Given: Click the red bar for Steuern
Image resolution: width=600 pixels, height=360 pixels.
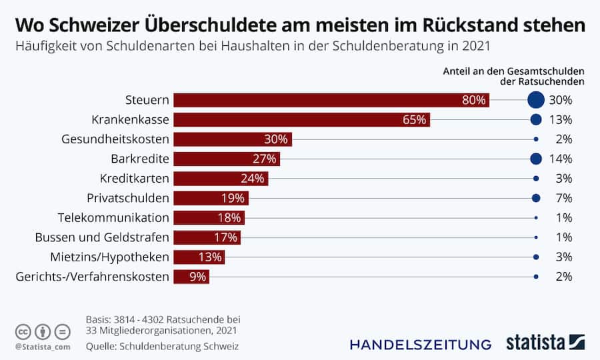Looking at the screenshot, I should click(331, 100).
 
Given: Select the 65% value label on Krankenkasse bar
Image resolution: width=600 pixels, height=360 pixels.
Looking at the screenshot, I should click(414, 120).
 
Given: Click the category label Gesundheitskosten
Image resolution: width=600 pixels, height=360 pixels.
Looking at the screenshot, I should click(115, 139).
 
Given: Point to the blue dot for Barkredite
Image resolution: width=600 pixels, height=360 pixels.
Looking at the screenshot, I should click(535, 159).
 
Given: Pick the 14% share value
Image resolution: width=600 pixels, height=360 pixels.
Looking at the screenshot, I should click(561, 159).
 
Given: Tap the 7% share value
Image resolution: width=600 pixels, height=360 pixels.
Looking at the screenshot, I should click(564, 198).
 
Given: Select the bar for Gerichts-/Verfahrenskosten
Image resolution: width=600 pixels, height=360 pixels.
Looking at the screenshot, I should click(191, 277).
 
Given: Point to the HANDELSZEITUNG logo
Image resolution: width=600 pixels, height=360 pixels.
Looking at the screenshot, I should click(420, 344).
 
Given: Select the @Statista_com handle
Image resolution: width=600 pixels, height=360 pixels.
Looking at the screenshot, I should click(42, 347).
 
